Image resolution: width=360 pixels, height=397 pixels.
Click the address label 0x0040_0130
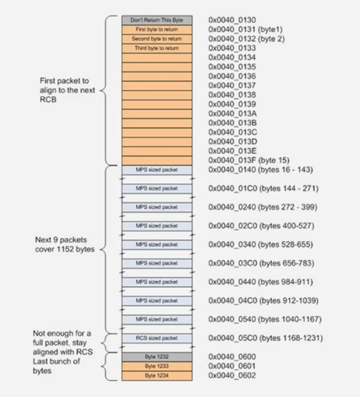click(x=233, y=19)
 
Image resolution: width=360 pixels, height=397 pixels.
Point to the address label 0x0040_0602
click(x=233, y=374)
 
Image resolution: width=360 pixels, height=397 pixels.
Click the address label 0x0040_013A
click(x=233, y=113)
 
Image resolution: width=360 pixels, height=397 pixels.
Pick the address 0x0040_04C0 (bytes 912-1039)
click(x=264, y=300)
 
